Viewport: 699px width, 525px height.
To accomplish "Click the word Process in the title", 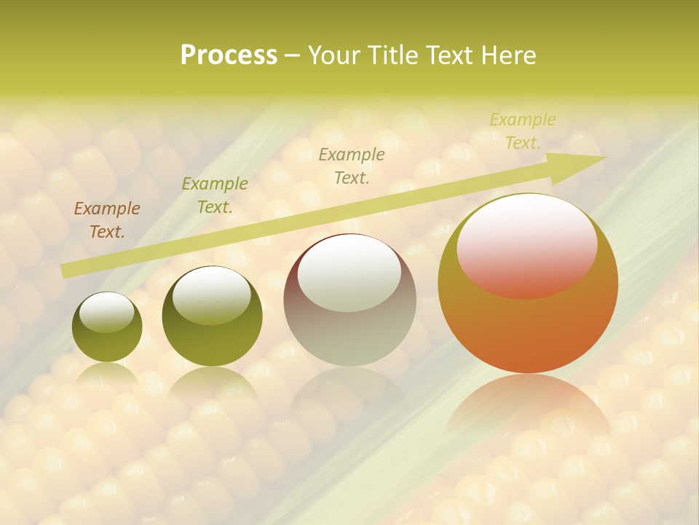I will click(229, 55).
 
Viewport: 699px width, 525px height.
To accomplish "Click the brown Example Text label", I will click(106, 220).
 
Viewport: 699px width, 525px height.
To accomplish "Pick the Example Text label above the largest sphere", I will click(522, 131).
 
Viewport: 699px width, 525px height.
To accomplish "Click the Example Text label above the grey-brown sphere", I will click(351, 166).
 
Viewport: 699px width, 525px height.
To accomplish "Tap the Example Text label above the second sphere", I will click(214, 195).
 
